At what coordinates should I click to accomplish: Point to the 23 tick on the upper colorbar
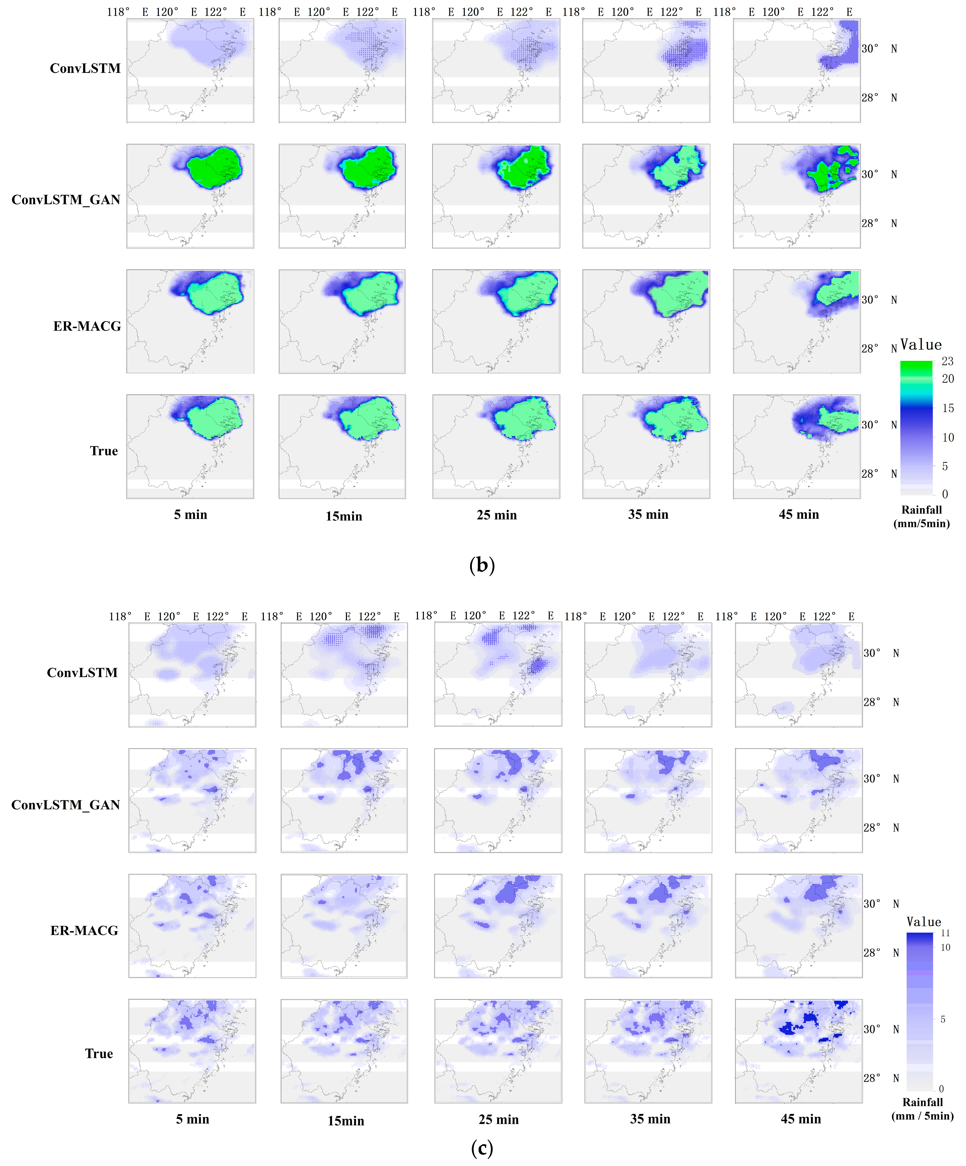click(947, 361)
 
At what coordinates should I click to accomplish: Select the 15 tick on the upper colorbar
click(948, 408)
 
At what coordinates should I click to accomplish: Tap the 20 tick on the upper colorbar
click(948, 379)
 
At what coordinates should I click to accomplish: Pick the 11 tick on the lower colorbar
click(945, 933)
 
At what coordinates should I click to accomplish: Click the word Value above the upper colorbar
click(920, 345)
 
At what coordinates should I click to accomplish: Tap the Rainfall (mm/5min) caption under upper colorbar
click(922, 516)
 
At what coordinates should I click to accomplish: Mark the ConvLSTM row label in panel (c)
click(82, 673)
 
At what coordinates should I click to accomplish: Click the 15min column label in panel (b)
click(344, 516)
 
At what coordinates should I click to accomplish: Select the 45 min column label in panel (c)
click(801, 1119)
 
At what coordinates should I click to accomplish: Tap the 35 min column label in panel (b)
click(648, 515)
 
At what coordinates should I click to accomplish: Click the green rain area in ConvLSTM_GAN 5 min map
click(214, 168)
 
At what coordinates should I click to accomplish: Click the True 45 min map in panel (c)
click(798, 1051)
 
